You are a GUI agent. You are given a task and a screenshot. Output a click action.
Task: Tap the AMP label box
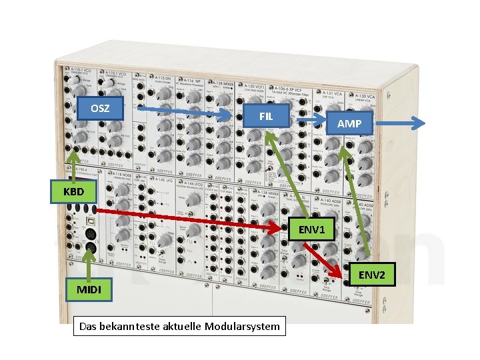pyautogui.click(x=349, y=123)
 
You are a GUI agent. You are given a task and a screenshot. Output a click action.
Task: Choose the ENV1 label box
pyautogui.click(x=311, y=230)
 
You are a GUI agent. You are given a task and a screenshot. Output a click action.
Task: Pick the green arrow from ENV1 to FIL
pyautogui.click(x=281, y=173)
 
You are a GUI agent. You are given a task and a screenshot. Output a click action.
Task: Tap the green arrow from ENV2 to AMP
pyautogui.click(x=357, y=200)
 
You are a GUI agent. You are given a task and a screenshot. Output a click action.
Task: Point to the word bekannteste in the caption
pyautogui.click(x=125, y=327)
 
